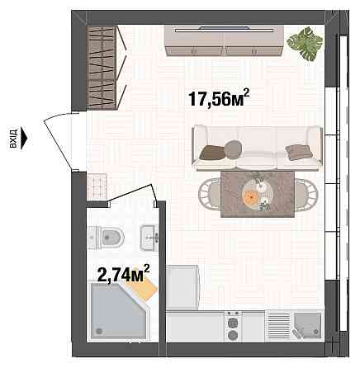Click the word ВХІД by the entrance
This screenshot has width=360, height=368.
pos(13,136)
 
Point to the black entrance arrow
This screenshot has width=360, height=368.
pos(25,135)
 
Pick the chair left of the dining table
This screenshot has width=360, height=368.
pos(207,195)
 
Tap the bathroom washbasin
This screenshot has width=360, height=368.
pos(150,237)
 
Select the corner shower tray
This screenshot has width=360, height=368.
pos(114,313)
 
